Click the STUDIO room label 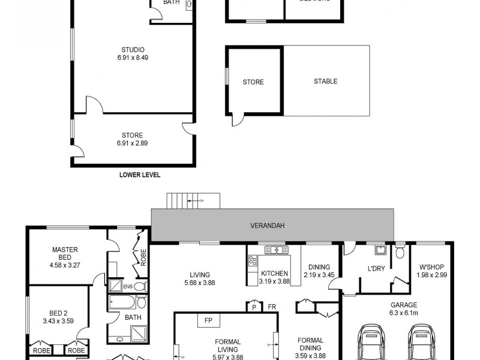point(133,50)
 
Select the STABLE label point(325,81)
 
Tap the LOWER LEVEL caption point(140,175)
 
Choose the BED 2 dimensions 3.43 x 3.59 point(58,320)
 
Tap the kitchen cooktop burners point(253,261)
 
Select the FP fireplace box point(208,320)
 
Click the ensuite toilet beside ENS point(140,286)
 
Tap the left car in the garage point(369,342)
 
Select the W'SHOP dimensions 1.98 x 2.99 point(432,275)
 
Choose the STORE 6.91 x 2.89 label point(133,143)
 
